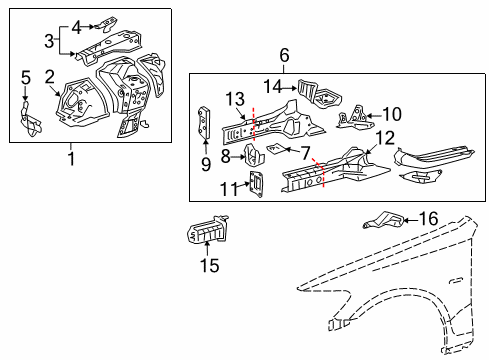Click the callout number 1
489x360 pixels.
click(70, 157)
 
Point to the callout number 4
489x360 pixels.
click(77, 15)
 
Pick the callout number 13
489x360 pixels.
click(235, 97)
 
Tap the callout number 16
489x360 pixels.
click(428, 217)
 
